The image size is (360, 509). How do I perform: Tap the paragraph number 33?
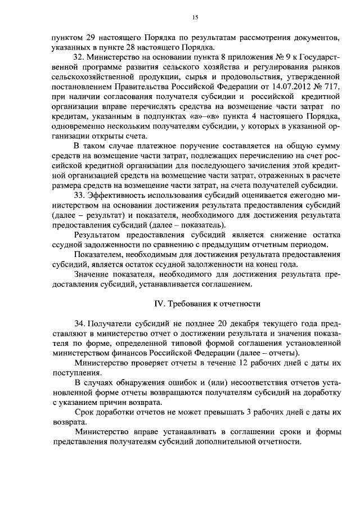click(x=79, y=195)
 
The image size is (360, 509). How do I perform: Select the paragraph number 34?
click(x=79, y=325)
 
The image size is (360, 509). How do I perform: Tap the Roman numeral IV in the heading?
click(x=159, y=303)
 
